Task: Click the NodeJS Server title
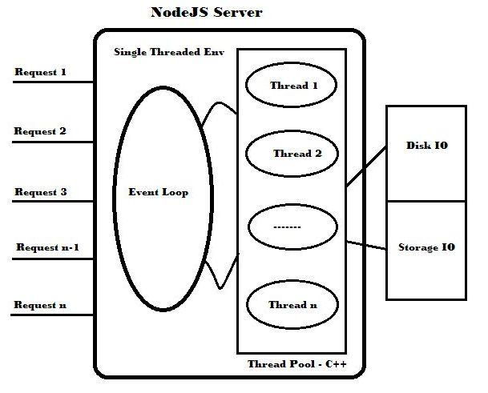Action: [x=207, y=13]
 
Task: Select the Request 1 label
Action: [x=40, y=72]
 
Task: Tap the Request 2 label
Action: [x=40, y=131]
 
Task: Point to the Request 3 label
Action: [x=40, y=192]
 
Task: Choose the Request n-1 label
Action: [x=47, y=247]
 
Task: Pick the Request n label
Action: [x=41, y=304]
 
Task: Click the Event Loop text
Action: [x=159, y=192]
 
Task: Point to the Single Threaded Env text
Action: [x=169, y=52]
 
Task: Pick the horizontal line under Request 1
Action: [x=52, y=82]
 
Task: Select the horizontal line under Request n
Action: [x=52, y=315]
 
